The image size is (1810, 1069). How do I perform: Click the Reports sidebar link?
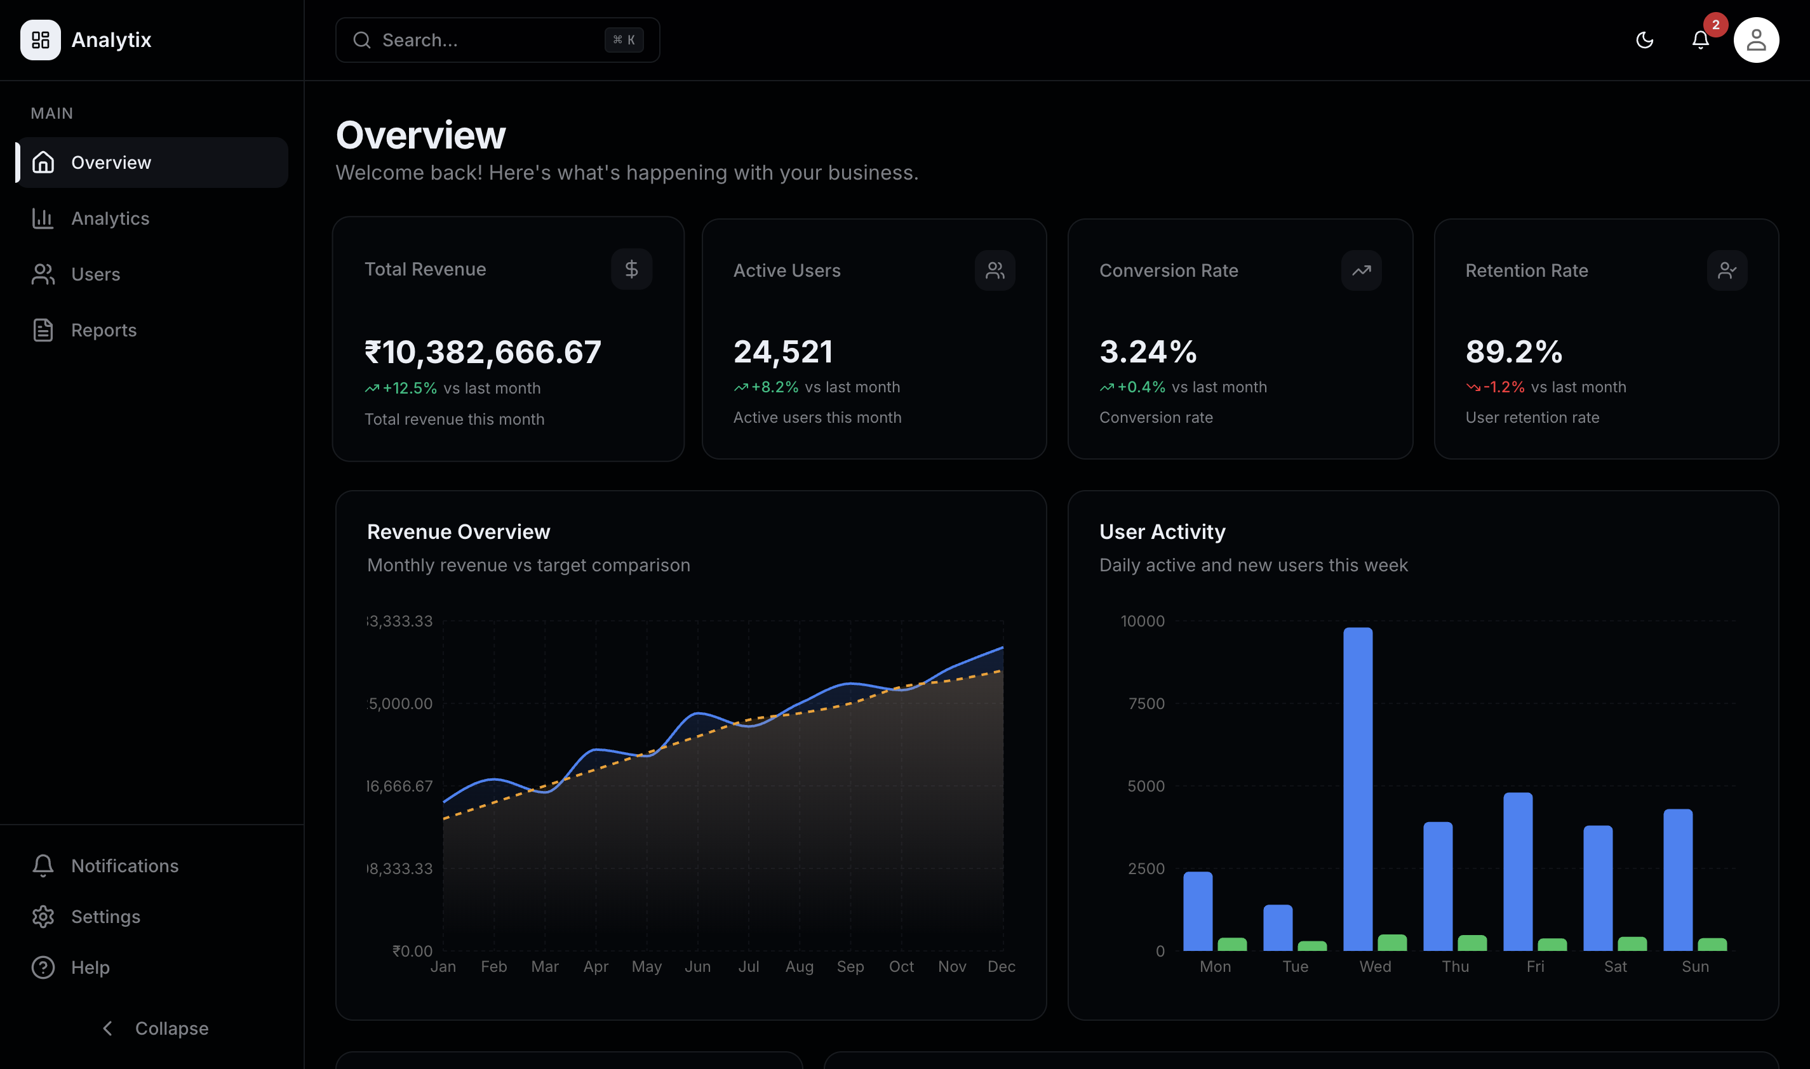pyautogui.click(x=103, y=330)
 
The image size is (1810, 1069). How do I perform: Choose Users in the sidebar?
pyautogui.click(x=95, y=274)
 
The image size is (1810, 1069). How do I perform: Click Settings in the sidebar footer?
pyautogui.click(x=105, y=916)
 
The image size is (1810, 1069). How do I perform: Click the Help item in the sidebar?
pyautogui.click(x=90, y=967)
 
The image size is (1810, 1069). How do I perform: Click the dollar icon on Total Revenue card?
pyautogui.click(x=631, y=269)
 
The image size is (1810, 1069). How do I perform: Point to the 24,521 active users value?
pyautogui.click(x=783, y=352)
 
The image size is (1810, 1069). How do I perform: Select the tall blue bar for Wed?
pyautogui.click(x=1358, y=789)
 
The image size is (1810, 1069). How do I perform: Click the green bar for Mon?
pyautogui.click(x=1232, y=945)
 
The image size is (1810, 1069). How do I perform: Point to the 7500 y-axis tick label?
pyautogui.click(x=1146, y=704)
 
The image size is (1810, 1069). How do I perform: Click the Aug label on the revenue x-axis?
pyautogui.click(x=799, y=967)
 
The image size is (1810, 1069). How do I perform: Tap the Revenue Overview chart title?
pyautogui.click(x=459, y=531)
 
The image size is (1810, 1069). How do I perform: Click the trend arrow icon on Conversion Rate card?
pyautogui.click(x=1361, y=271)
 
